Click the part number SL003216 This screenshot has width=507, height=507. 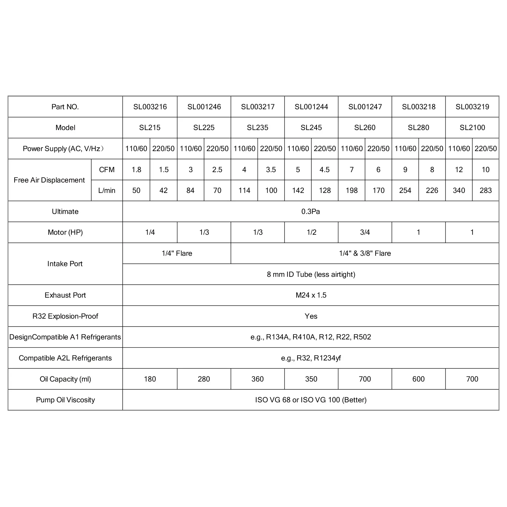pyautogui.click(x=150, y=107)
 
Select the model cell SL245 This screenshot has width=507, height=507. pyautogui.click(x=311, y=128)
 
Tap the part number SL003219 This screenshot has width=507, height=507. pyautogui.click(x=472, y=107)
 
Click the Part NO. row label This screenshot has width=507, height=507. pyautogui.click(x=65, y=107)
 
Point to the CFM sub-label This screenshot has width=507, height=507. pyautogui.click(x=107, y=170)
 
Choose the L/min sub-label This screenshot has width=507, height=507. pyautogui.click(x=107, y=191)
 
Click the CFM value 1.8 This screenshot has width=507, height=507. pyautogui.click(x=136, y=170)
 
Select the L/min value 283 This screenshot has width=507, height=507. pyautogui.click(x=485, y=191)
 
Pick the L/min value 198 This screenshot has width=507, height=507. pyautogui.click(x=351, y=191)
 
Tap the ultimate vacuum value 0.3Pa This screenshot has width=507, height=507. pyautogui.click(x=311, y=211)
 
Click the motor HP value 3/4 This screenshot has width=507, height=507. pyautogui.click(x=365, y=232)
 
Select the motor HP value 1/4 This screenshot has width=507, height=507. pyautogui.click(x=150, y=232)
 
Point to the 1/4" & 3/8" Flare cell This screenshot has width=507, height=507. pyautogui.click(x=365, y=253)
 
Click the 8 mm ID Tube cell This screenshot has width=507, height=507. pyautogui.click(x=311, y=274)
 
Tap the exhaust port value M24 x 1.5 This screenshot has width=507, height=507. pyautogui.click(x=311, y=295)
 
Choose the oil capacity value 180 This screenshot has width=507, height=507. pyautogui.click(x=150, y=379)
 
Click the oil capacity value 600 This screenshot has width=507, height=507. pyautogui.click(x=418, y=379)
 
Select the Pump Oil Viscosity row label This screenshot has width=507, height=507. pyautogui.click(x=65, y=400)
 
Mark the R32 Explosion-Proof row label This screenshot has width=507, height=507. pyautogui.click(x=65, y=316)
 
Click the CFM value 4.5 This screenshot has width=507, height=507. pyautogui.click(x=324, y=170)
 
